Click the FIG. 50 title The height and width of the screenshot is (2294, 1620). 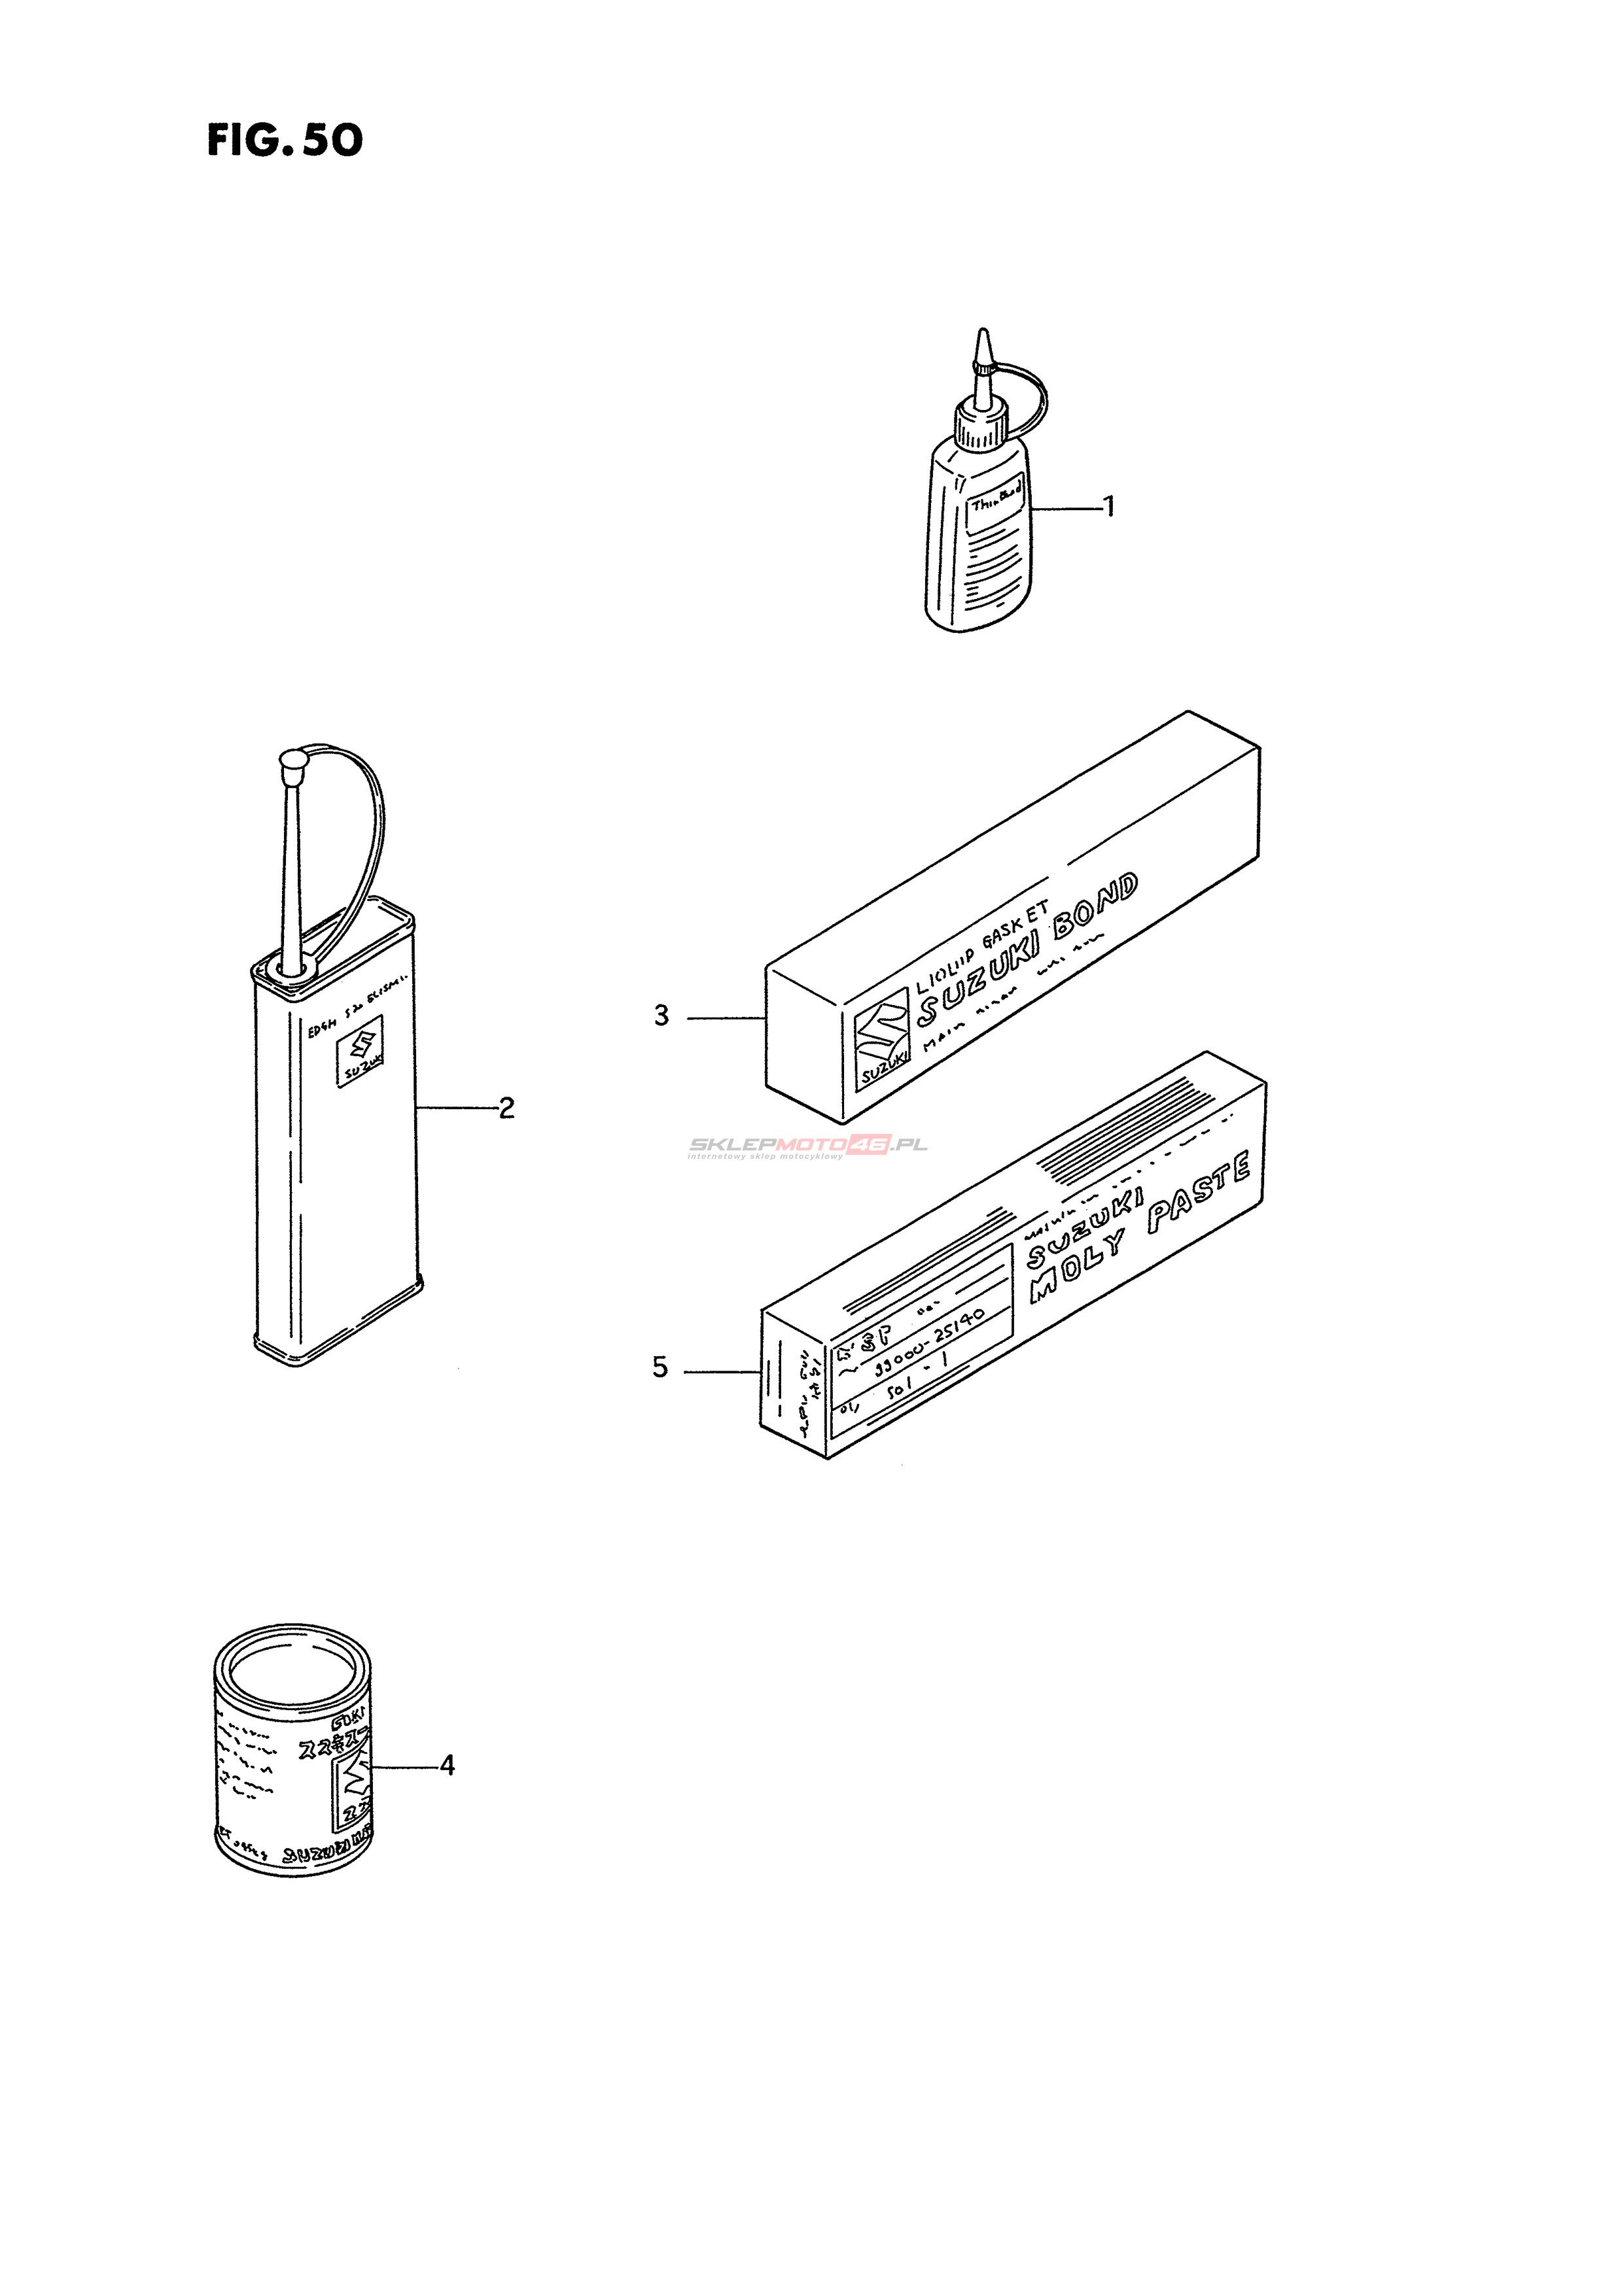click(x=285, y=141)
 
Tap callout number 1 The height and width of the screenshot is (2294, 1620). click(x=1108, y=507)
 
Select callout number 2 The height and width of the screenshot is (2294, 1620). click(x=506, y=1108)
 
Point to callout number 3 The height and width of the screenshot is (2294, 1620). click(x=661, y=1016)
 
